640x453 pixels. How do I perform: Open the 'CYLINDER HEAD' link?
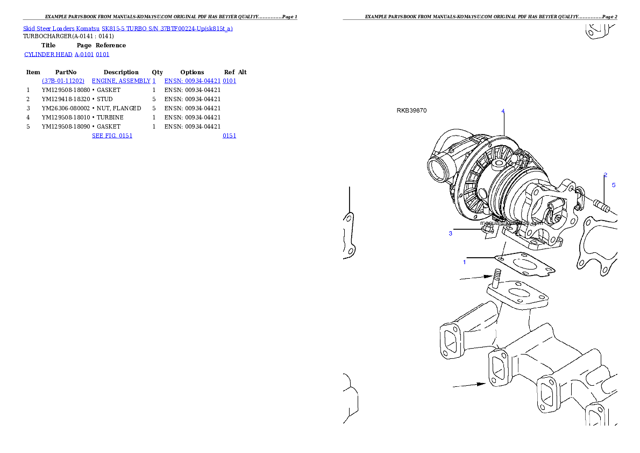click(x=49, y=54)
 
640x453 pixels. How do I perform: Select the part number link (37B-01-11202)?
click(x=63, y=81)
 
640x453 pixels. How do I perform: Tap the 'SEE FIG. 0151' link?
click(x=112, y=136)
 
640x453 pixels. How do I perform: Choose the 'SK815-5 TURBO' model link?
click(x=124, y=29)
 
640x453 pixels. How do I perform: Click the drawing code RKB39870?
click(x=411, y=111)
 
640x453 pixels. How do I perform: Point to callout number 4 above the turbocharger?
click(x=503, y=111)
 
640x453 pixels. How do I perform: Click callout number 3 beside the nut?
click(x=451, y=233)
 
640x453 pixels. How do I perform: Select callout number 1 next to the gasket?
click(x=465, y=262)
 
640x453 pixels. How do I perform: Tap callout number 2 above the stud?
click(x=605, y=175)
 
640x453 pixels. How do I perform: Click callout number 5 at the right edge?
click(x=614, y=185)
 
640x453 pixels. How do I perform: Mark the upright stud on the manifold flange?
click(x=496, y=279)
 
